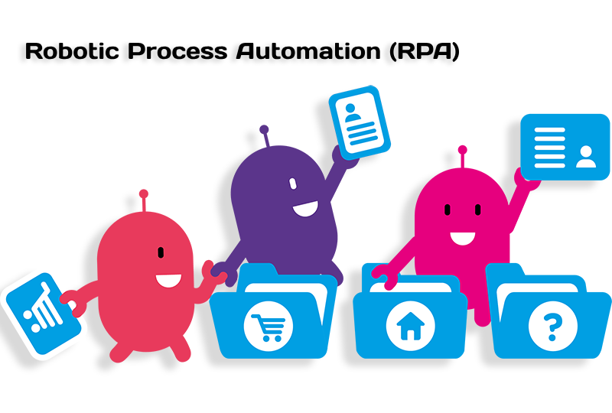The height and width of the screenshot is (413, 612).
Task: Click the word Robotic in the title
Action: pos(72,51)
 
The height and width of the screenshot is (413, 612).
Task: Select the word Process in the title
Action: pos(177,51)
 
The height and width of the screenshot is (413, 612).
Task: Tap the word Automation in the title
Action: pos(308,51)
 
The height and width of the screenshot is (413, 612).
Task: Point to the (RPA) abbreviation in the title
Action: pos(425,51)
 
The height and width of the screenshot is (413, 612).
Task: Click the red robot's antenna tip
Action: pos(144,193)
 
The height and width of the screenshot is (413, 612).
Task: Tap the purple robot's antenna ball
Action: pos(264,129)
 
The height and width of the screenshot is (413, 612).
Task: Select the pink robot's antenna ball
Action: pos(463,150)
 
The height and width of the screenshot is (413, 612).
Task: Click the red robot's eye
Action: pos(161,252)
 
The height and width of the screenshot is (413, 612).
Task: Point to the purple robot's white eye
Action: pos(293,184)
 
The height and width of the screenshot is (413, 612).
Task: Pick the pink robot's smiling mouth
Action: pos(463,238)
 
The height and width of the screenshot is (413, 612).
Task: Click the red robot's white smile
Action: pos(168,281)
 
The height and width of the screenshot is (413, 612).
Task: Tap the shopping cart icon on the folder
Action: pos(269,327)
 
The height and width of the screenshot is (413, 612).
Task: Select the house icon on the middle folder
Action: pos(410,326)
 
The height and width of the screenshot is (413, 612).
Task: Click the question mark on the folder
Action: pos(552,327)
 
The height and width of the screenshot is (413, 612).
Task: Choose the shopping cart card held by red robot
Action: pos(42,314)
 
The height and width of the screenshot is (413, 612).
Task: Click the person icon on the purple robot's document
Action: pos(352,113)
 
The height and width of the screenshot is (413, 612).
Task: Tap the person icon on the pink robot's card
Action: pos(586,157)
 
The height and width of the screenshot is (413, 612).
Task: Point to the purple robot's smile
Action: pos(305,210)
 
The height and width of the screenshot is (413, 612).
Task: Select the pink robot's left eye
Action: pos(448,210)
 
